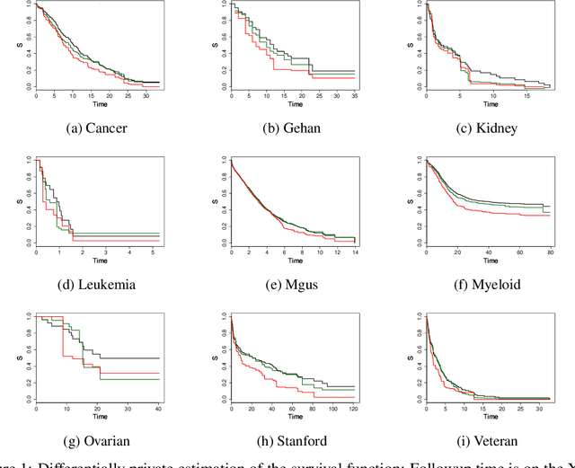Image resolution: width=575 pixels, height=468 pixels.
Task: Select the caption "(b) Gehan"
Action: click(287, 128)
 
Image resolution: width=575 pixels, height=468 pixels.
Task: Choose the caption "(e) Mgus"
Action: click(287, 284)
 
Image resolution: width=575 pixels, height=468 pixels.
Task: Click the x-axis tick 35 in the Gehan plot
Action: click(354, 96)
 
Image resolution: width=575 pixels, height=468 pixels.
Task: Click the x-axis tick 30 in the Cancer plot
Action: click(143, 96)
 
